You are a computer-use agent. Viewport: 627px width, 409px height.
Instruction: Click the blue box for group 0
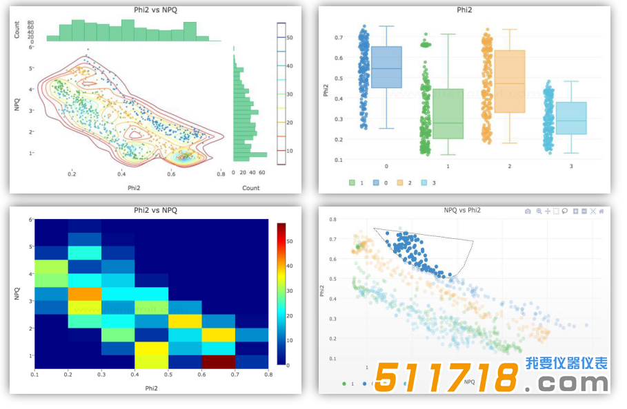386,67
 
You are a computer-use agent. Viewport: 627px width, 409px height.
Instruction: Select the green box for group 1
448,114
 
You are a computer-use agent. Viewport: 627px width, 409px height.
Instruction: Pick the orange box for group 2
510,81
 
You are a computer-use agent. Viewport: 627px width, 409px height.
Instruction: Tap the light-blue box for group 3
571,118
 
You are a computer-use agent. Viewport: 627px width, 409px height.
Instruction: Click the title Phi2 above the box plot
464,10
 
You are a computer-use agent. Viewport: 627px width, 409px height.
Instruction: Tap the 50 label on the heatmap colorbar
290,241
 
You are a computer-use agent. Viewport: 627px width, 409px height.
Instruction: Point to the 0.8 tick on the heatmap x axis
267,375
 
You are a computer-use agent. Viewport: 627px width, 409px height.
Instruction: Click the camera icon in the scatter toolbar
528,211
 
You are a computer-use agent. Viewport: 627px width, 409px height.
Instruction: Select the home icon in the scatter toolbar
601,211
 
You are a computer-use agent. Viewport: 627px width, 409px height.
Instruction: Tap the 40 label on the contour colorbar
290,66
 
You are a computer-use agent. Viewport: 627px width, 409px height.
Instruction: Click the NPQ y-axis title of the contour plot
16,105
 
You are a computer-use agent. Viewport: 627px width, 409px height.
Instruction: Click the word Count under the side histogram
251,188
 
